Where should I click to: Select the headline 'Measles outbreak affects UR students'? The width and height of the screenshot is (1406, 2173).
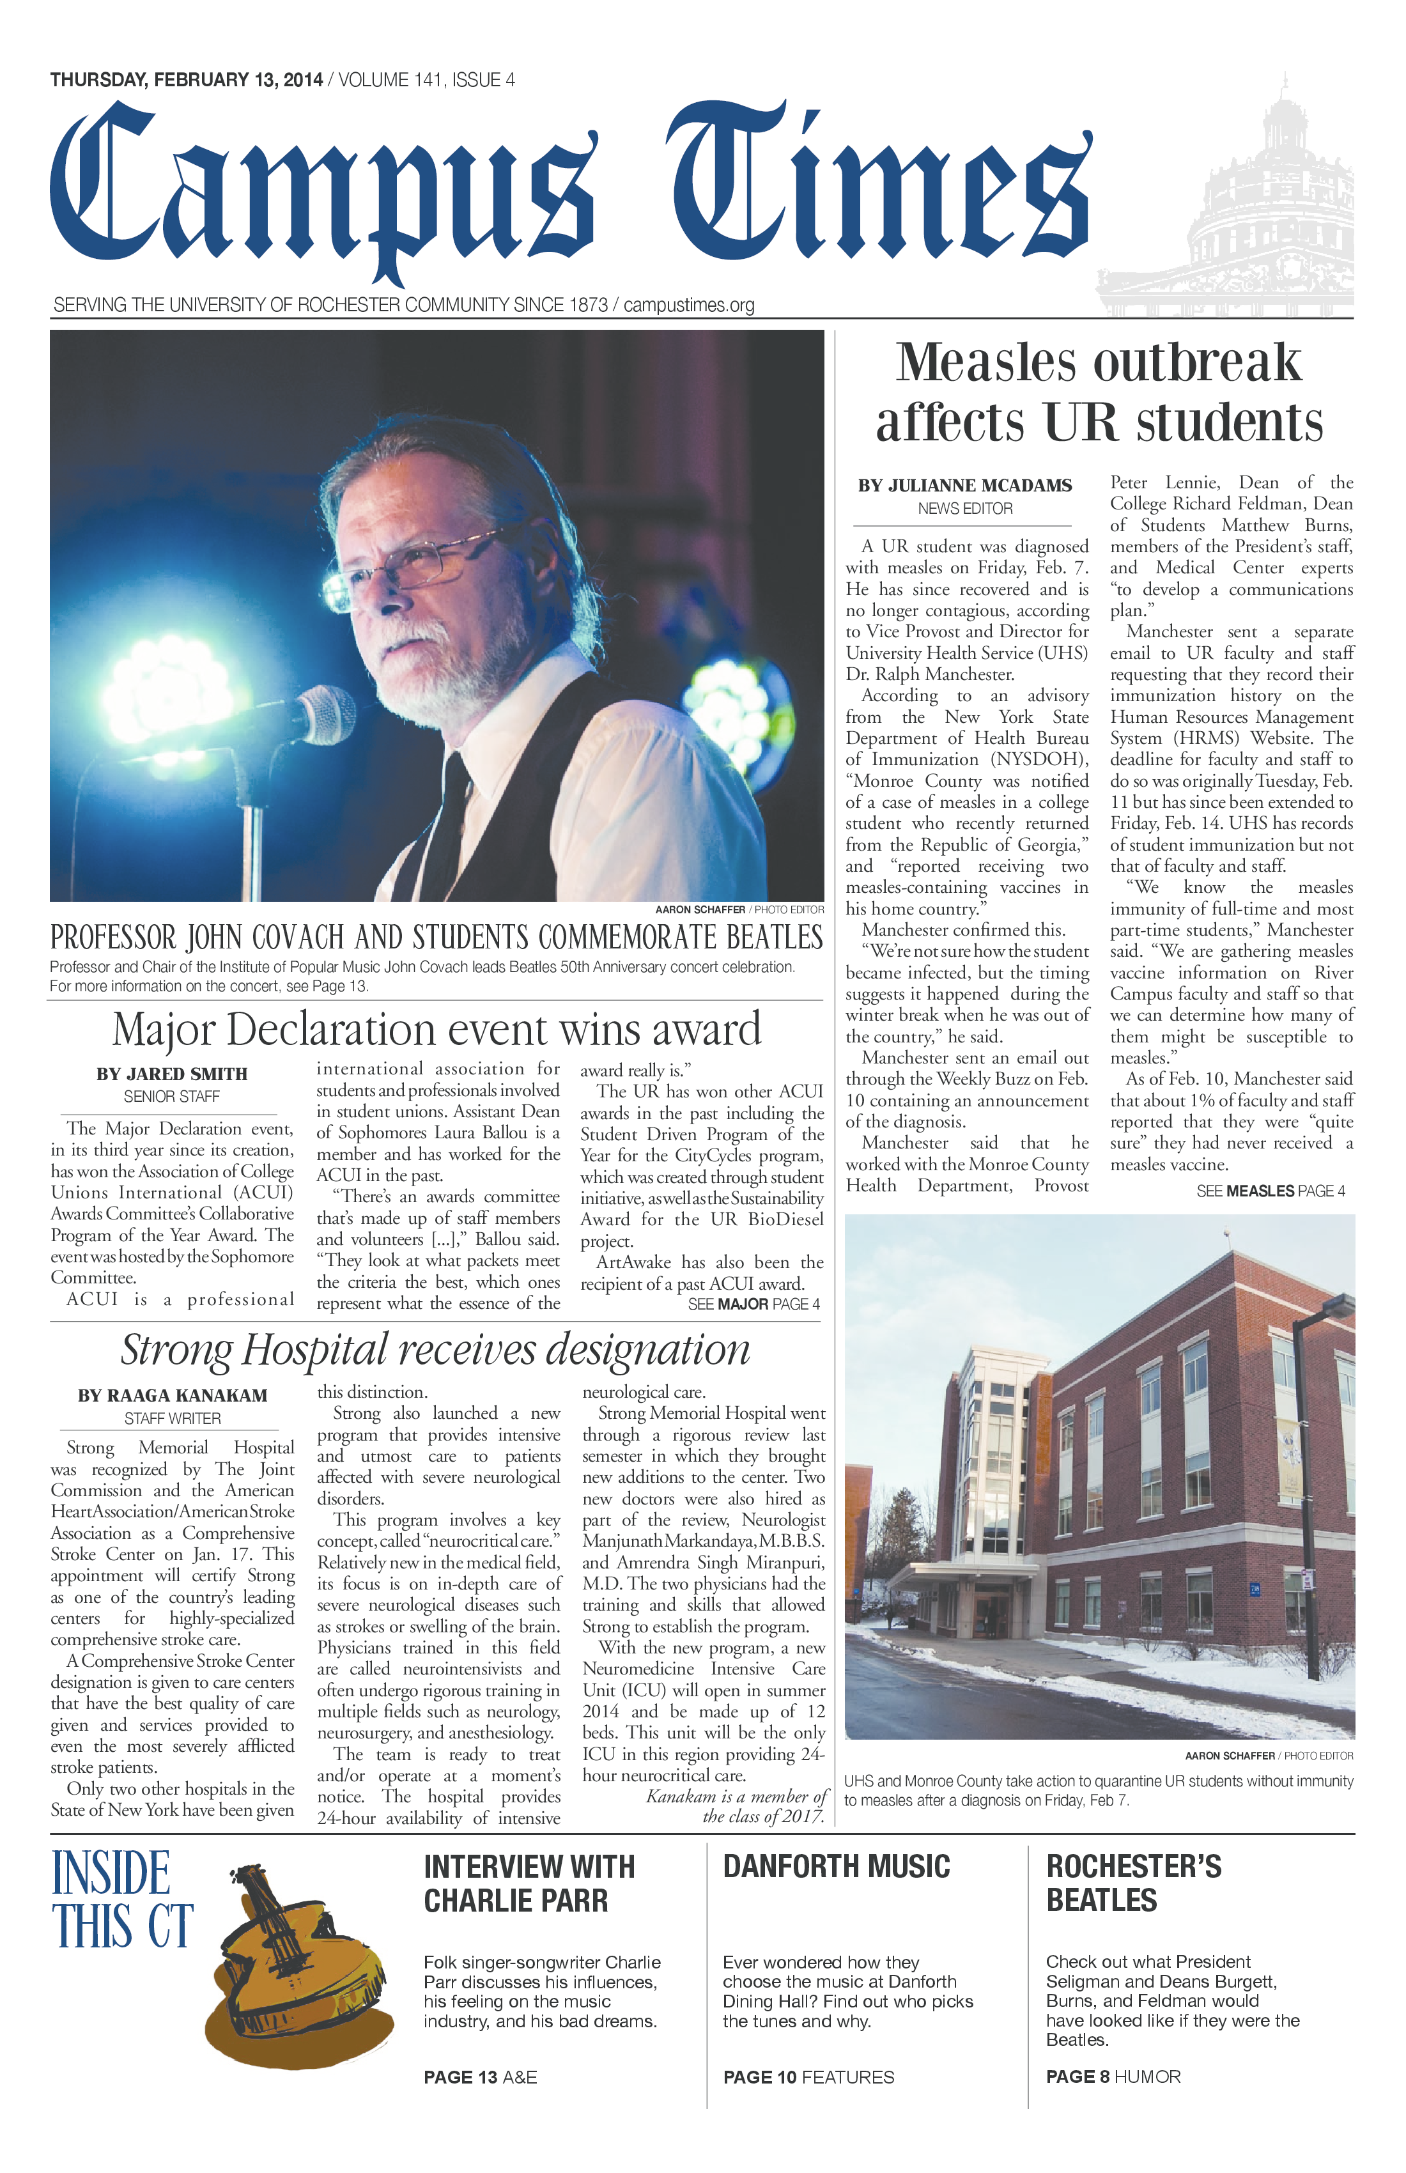(x=1099, y=392)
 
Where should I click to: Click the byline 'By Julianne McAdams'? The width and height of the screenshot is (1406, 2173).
(x=964, y=486)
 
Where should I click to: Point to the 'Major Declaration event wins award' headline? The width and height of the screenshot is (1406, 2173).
(x=436, y=1029)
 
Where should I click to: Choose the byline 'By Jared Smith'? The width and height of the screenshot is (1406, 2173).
(x=172, y=1074)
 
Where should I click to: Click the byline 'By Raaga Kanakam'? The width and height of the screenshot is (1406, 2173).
(x=173, y=1395)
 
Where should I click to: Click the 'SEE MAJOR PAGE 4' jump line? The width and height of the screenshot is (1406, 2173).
(x=753, y=1304)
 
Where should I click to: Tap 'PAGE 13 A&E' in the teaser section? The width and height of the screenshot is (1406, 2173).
(x=480, y=2077)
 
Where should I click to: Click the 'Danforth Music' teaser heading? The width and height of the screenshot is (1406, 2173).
(x=837, y=1866)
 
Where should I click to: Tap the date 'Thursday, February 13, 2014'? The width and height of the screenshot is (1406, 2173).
(x=186, y=81)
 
